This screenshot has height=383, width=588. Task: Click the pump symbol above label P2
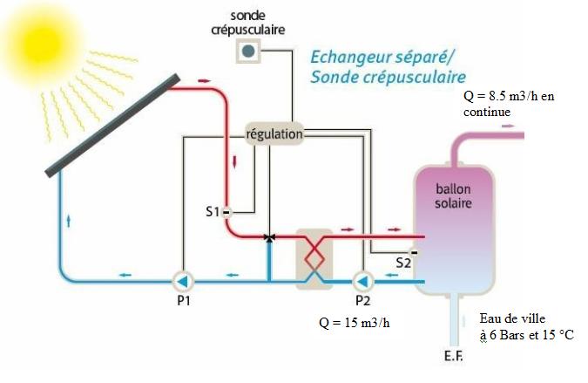coord(362,280)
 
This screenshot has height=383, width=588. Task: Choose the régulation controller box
coord(274,134)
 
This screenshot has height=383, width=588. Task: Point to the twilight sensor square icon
coord(248,51)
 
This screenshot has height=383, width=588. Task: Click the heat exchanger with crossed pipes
coord(314,258)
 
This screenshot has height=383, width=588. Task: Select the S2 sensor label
coord(403,262)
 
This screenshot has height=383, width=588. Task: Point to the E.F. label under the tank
coord(452,358)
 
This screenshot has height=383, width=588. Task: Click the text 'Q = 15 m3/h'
coord(354,322)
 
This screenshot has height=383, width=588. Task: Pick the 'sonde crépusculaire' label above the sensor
coord(247,23)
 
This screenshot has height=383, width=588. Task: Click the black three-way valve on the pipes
coord(270,236)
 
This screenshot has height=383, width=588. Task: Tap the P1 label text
coord(182,302)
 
